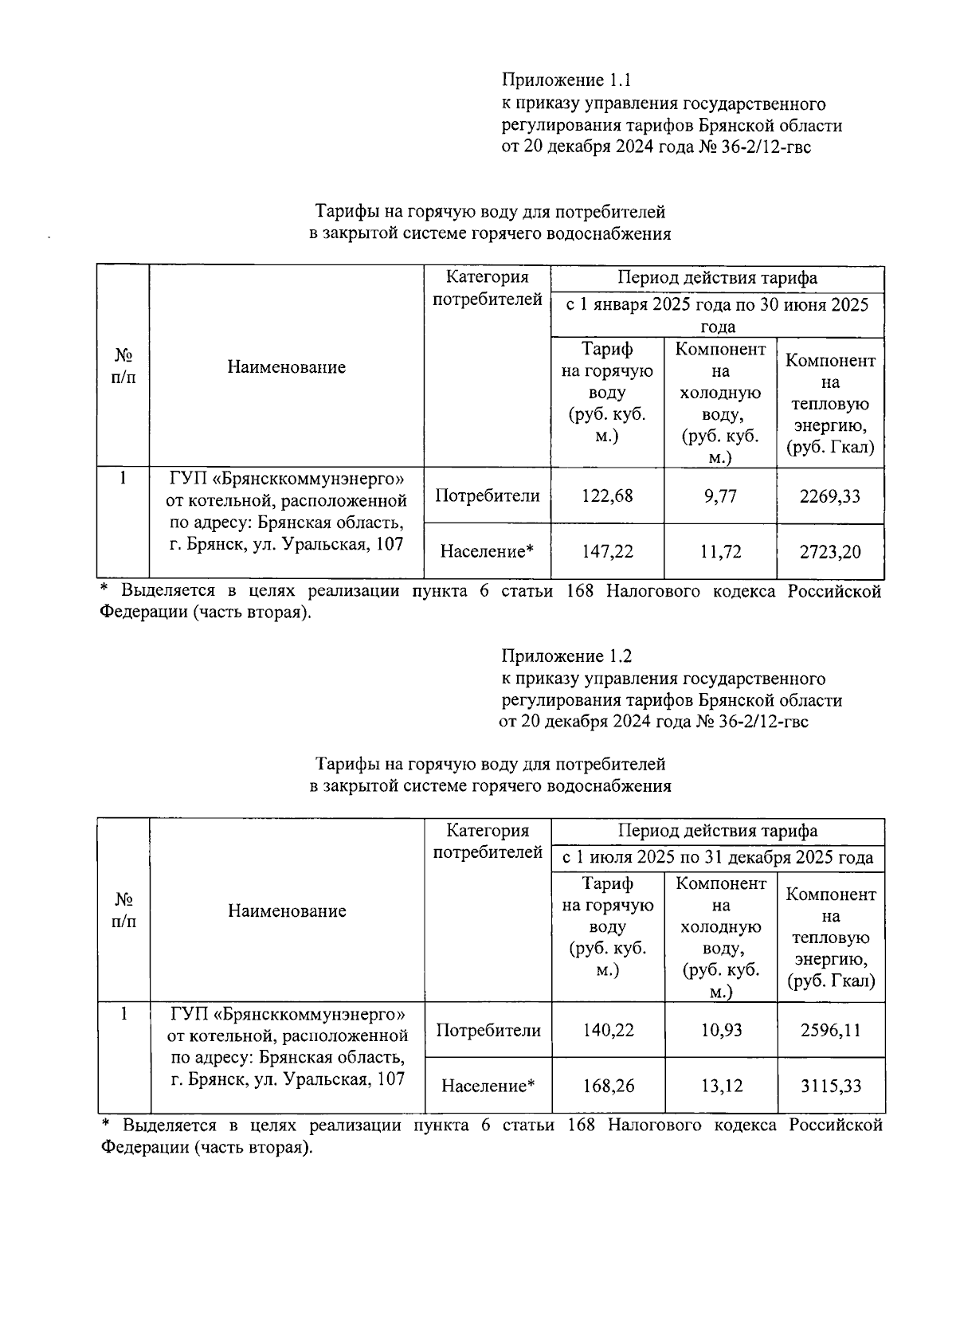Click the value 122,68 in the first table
click(607, 496)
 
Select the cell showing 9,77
click(719, 496)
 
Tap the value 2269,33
click(830, 496)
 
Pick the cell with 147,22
click(607, 551)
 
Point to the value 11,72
click(719, 551)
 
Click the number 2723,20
click(830, 551)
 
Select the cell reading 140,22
click(608, 1030)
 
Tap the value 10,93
click(721, 1030)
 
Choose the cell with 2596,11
click(831, 1030)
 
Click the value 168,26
click(608, 1086)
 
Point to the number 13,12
click(721, 1086)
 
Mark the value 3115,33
click(831, 1086)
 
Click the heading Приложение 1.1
click(566, 80)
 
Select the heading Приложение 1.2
click(566, 656)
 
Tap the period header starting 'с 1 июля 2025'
click(718, 858)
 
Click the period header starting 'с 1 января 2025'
click(717, 315)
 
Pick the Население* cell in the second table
click(488, 1086)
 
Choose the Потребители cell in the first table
click(487, 496)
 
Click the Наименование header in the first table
click(287, 367)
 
